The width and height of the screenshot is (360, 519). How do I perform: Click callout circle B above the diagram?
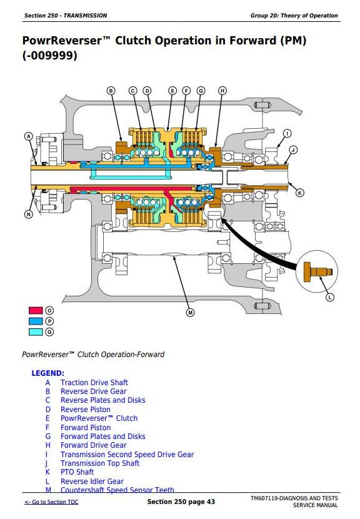111,91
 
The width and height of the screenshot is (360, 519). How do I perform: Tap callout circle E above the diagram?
172,91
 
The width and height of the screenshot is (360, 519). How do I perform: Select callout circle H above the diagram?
222,91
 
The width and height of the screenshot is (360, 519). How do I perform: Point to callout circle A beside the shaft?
29,136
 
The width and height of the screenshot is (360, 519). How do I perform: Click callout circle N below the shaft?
29,214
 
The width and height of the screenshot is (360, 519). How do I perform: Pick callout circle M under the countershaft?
190,312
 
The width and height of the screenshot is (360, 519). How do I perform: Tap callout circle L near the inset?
330,297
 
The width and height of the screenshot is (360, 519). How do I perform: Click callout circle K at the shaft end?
299,193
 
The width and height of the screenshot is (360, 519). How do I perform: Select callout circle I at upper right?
287,133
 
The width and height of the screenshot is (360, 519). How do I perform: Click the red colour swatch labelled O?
36,311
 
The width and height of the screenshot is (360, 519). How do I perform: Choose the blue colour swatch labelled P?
36,321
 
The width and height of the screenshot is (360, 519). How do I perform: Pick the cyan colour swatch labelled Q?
36,331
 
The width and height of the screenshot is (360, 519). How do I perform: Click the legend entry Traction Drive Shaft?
94,383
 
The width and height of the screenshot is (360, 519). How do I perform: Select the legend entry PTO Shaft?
77,472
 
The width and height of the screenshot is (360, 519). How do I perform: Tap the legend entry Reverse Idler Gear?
92,481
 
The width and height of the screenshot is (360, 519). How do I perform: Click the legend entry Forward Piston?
86,427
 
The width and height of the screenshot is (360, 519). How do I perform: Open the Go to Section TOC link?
51,501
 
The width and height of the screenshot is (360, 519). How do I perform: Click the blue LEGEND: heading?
48,373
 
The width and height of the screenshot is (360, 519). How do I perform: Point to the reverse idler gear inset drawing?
317,271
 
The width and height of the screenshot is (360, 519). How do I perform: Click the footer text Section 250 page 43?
181,501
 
